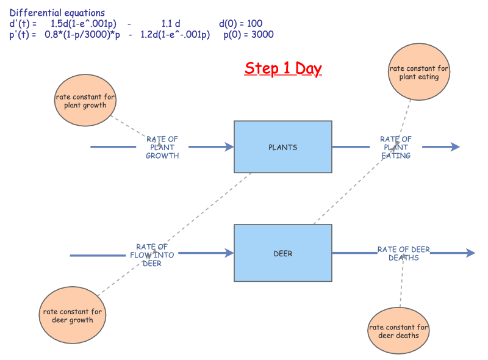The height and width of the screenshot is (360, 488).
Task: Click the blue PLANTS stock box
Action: coord(283,147)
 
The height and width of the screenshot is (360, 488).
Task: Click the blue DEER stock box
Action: coord(283,253)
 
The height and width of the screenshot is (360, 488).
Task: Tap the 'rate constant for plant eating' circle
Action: coord(418,73)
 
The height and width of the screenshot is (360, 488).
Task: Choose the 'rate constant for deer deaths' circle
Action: coord(398,331)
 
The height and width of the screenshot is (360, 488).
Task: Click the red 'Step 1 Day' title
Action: coord(283,68)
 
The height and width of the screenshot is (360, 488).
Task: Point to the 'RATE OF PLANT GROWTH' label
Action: coord(162,147)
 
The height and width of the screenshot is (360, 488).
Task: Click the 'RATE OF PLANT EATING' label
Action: coord(396,147)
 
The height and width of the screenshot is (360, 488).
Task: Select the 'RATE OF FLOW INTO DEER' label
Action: coord(152,254)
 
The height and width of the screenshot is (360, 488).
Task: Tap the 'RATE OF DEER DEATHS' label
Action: coord(403,253)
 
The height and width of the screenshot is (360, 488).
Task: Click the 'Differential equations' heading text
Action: coord(57,13)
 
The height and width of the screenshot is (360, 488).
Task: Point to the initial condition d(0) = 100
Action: coord(240,24)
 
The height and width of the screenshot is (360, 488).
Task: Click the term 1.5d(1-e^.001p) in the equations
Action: coord(83,24)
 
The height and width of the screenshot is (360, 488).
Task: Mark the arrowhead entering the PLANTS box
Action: coord(229,147)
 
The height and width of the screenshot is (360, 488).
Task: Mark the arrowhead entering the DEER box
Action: coord(229,253)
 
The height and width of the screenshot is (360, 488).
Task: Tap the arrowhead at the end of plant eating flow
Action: coord(454,147)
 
